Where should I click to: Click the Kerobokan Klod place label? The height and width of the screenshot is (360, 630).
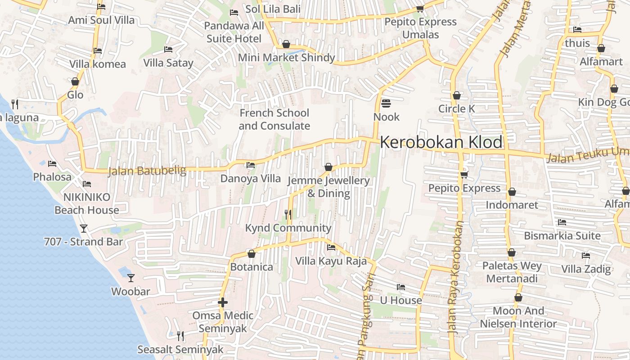coord(441,142)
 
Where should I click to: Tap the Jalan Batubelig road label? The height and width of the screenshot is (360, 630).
coord(147,171)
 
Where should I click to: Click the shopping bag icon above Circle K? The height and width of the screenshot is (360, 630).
coord(457,95)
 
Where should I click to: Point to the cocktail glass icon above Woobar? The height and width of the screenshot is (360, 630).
coord(130,278)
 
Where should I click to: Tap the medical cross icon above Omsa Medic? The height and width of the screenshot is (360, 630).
coord(223,302)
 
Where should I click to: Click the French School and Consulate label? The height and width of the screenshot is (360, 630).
coord(274,119)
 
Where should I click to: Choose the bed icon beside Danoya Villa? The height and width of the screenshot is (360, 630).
coord(251,165)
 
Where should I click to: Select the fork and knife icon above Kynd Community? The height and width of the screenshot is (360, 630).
coord(288,215)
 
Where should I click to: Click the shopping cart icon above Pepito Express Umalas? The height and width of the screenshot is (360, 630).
coord(420,9)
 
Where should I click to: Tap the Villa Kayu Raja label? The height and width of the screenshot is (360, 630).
coord(331,261)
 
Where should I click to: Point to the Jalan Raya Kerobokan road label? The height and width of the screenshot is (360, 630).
coord(455,277)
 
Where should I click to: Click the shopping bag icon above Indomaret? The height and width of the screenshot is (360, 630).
coord(512,192)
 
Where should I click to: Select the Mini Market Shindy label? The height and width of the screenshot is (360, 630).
coord(286,58)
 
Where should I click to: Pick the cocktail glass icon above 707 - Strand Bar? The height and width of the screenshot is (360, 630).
coord(84,229)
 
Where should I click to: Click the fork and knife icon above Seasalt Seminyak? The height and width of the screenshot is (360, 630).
coord(180,336)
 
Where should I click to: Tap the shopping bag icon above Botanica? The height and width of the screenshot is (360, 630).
coord(252,254)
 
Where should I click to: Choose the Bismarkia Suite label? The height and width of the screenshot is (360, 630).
coord(562,236)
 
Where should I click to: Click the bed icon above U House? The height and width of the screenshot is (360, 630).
coord(401,287)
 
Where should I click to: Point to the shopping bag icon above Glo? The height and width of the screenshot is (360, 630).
coord(75,82)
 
